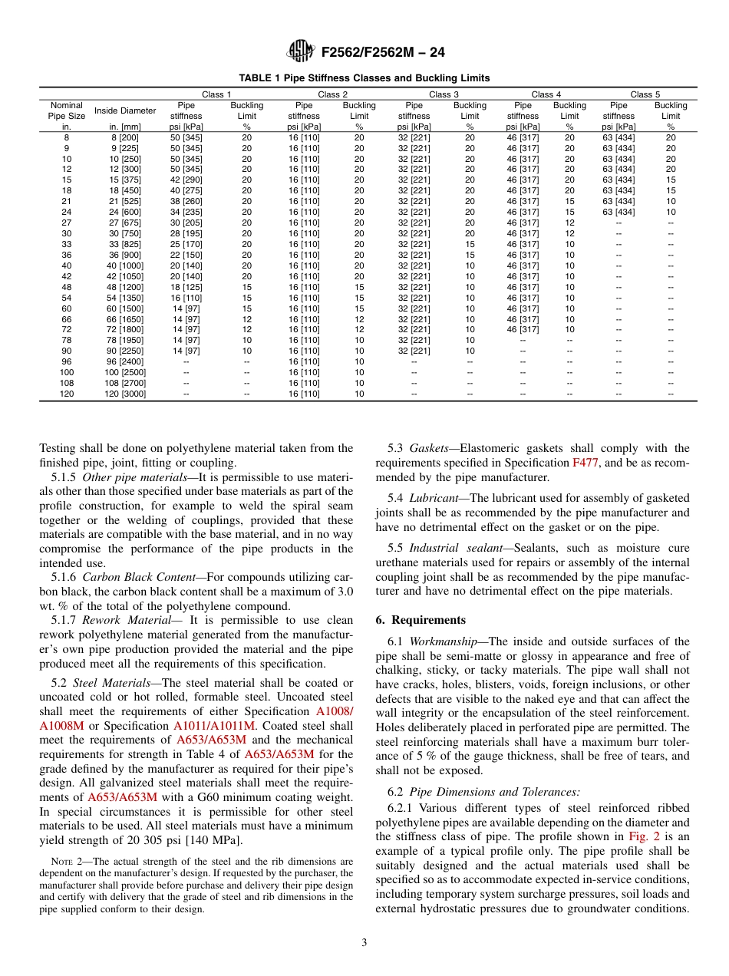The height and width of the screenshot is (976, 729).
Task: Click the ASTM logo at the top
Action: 300,52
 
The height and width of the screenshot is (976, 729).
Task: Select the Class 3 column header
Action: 440,94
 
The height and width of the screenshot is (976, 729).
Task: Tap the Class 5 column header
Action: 645,94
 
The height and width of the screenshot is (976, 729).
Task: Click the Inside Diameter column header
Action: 126,110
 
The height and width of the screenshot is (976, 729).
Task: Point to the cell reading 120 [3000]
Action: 125,394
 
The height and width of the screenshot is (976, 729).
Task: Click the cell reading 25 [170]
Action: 186,245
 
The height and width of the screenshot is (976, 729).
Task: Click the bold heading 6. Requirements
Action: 421,620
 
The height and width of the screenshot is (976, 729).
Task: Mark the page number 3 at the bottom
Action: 364,943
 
